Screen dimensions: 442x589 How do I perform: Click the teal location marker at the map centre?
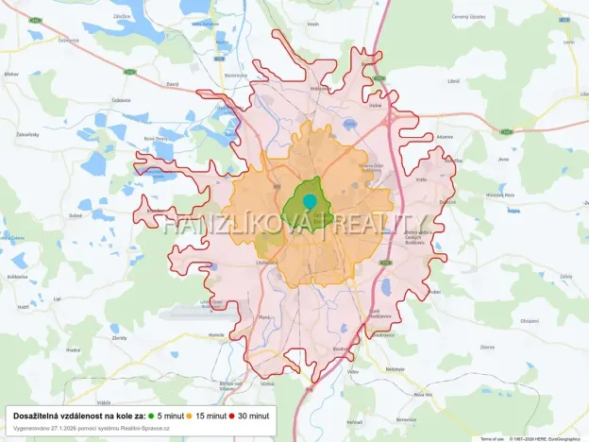pyautogui.click(x=309, y=201)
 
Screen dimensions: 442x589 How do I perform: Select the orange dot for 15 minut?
pyautogui.click(x=189, y=416)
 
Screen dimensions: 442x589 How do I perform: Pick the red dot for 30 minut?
pyautogui.click(x=231, y=416)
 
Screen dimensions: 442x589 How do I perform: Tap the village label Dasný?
pyautogui.click(x=173, y=85)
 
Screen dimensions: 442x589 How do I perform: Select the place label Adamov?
pyautogui.click(x=445, y=136)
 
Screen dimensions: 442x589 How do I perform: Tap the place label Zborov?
pyautogui.click(x=487, y=347)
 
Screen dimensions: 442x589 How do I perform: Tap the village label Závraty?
pyautogui.click(x=119, y=337)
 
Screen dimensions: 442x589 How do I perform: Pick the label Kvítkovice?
pyautogui.click(x=17, y=277)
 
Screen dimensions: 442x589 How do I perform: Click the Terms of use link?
pyautogui.click(x=492, y=438)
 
